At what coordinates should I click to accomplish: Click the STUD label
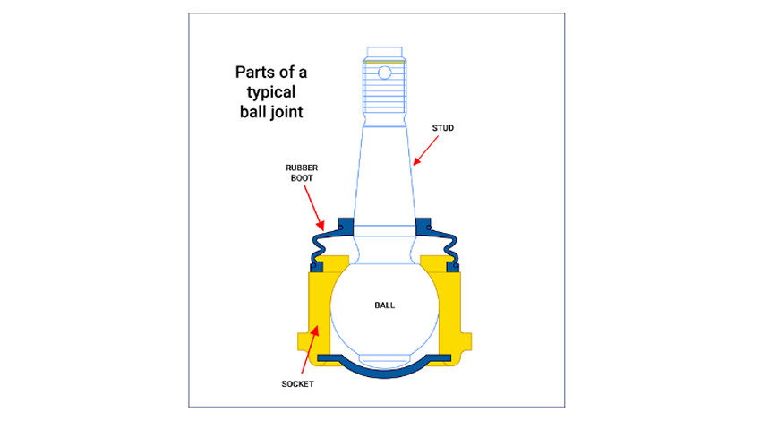pos(443,129)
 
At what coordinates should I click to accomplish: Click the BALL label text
pos(384,305)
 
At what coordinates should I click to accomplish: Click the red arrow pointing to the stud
pos(427,150)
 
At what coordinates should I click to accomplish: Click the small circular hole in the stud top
pos(385,72)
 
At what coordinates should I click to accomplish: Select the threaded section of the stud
pos(385,94)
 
